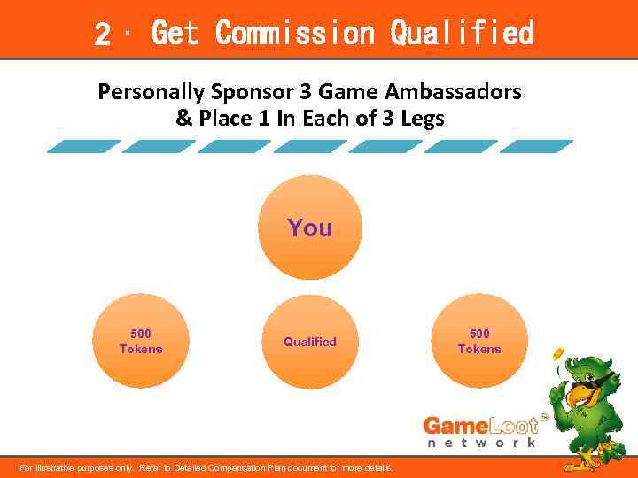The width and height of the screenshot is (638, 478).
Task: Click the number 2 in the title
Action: (x=103, y=35)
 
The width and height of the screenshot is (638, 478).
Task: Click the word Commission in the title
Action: (x=295, y=34)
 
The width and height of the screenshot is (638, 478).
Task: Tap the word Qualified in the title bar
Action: (x=462, y=34)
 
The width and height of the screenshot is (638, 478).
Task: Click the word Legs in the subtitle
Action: (x=424, y=118)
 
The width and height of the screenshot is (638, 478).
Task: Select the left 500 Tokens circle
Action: (x=141, y=341)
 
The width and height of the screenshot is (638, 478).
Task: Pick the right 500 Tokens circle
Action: (x=479, y=341)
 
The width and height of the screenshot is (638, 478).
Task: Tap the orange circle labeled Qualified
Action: (x=310, y=342)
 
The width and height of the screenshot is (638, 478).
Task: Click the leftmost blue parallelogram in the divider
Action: (x=83, y=147)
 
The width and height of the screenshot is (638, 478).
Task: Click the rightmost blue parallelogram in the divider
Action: (x=537, y=147)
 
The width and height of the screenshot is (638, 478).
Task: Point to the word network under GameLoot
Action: (x=482, y=443)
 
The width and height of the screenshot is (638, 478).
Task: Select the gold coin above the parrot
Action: (x=559, y=354)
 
